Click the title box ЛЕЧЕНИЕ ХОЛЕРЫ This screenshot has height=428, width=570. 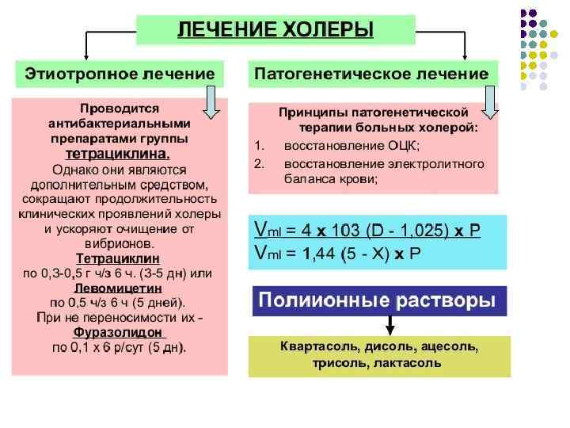(275, 30)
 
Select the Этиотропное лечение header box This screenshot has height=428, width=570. (120, 74)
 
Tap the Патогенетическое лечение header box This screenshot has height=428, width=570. (370, 74)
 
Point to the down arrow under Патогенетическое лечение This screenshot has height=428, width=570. (489, 103)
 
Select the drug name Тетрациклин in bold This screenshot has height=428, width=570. (118, 259)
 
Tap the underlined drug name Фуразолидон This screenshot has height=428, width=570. (118, 332)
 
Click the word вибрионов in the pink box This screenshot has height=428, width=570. (120, 244)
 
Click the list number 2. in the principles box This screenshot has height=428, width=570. (258, 164)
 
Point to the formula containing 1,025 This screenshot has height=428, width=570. (366, 231)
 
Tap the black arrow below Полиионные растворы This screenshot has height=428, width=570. (389, 325)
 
